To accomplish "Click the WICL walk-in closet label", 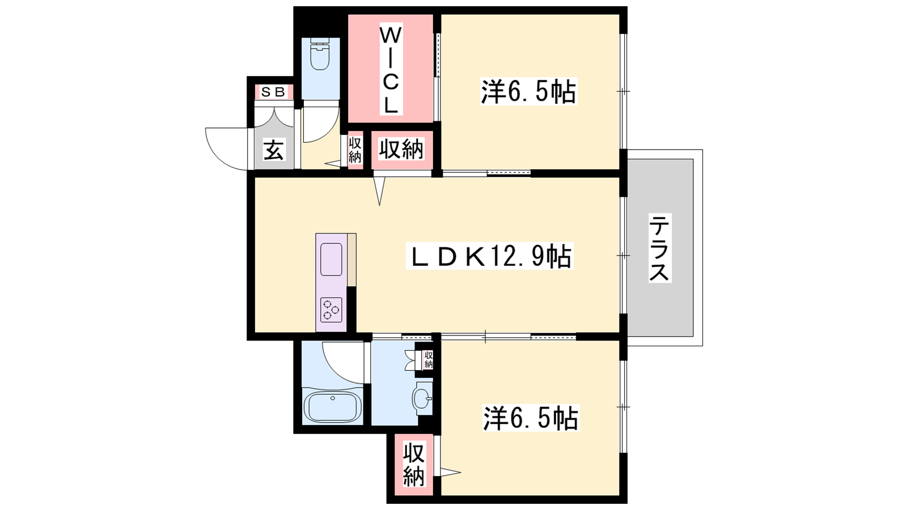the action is click(x=391, y=69).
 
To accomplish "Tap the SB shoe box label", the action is click(x=273, y=92).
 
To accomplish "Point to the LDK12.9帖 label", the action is click(x=490, y=256).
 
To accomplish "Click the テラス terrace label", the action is click(x=660, y=248).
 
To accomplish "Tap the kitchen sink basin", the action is click(x=331, y=260).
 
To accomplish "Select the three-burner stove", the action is click(x=331, y=309).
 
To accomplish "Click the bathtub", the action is click(x=332, y=407).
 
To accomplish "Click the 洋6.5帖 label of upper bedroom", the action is click(x=528, y=92).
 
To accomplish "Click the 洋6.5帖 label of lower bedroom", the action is click(x=531, y=418).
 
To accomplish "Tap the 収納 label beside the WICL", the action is click(x=401, y=150).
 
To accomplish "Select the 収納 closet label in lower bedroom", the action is click(x=414, y=465).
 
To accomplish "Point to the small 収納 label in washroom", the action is click(x=429, y=360).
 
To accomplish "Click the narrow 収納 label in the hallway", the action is click(x=355, y=150).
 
